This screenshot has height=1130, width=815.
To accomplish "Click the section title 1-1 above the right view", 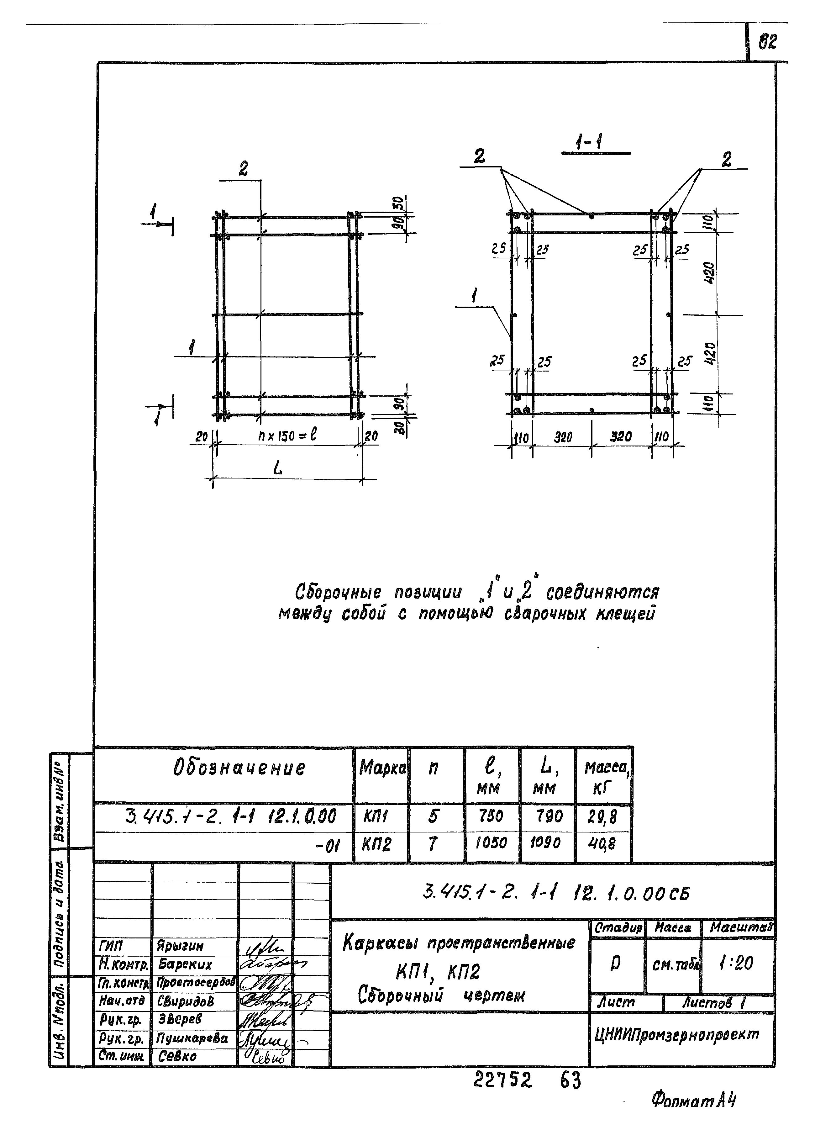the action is tap(588, 144).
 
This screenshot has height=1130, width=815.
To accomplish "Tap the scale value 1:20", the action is tap(736, 963).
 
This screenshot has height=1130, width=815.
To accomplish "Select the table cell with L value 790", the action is tap(549, 816).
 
